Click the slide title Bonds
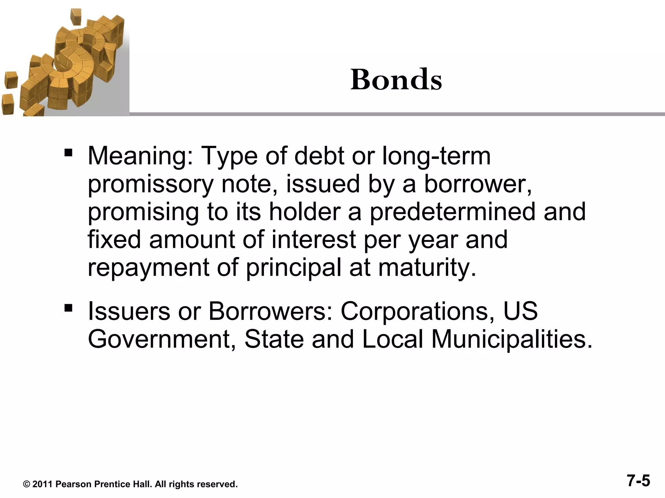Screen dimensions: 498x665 (x=396, y=80)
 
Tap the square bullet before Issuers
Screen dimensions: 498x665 (x=68, y=307)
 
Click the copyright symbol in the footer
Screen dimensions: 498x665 (x=27, y=484)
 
